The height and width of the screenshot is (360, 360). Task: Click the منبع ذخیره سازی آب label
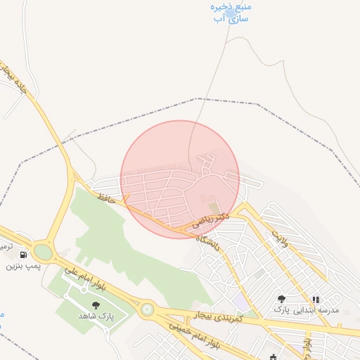[x=231, y=12]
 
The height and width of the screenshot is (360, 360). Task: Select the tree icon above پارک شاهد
[x=96, y=305]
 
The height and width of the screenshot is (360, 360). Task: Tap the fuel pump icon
[x=24, y=255]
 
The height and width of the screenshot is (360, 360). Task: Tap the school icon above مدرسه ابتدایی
[x=316, y=300]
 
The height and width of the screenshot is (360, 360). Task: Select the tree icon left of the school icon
[x=282, y=299]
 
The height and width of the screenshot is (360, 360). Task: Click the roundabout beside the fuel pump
[x=43, y=252]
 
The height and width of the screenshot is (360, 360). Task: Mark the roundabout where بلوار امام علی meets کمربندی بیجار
[x=147, y=309]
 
